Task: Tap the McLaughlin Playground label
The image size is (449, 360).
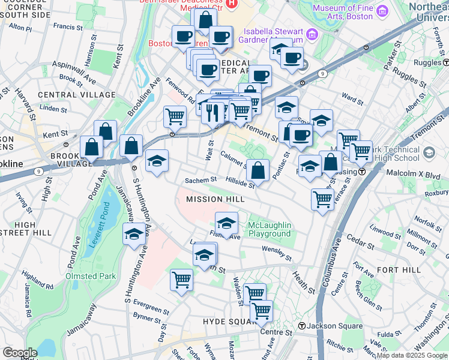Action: (x=270, y=229)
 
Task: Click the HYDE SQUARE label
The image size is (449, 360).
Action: (x=229, y=322)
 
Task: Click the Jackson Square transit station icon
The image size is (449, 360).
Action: (x=303, y=326)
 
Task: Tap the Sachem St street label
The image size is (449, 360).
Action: (x=200, y=180)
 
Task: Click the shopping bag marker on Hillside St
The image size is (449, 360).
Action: (x=258, y=170)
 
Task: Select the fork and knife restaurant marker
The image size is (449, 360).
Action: (x=212, y=112)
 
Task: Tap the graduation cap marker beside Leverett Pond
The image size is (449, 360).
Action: (x=134, y=235)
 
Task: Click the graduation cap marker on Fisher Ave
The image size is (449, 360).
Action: (x=226, y=223)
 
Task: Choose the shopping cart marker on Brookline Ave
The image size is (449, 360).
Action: (x=175, y=116)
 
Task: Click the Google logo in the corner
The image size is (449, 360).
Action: (x=20, y=353)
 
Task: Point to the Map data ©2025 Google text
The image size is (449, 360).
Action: (x=411, y=355)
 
